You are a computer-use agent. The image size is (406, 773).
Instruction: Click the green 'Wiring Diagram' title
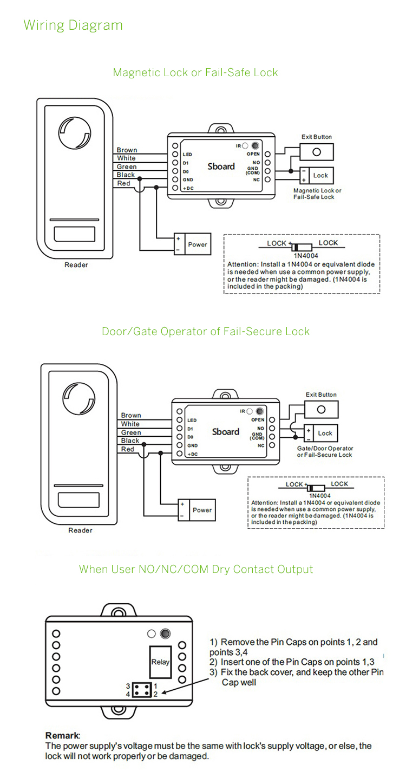[x=73, y=25]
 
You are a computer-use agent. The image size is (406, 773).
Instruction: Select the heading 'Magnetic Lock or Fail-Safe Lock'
[x=195, y=72]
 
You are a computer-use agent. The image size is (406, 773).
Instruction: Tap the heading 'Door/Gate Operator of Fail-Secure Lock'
[x=206, y=331]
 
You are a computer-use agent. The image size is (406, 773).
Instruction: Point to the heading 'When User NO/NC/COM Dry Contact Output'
[x=196, y=569]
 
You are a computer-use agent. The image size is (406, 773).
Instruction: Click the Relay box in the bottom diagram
[x=160, y=662]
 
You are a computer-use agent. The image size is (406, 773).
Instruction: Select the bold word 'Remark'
[x=62, y=735]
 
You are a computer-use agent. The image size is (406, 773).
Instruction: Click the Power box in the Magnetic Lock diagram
[x=197, y=244]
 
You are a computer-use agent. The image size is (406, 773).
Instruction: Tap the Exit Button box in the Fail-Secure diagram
[x=321, y=409]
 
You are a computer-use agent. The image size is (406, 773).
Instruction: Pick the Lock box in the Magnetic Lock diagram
[x=320, y=175]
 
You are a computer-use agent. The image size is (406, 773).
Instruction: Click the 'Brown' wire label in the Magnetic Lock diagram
[x=127, y=150]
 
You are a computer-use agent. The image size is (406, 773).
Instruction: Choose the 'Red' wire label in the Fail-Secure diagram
[x=128, y=449]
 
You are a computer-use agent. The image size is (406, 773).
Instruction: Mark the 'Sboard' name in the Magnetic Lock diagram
[x=221, y=166]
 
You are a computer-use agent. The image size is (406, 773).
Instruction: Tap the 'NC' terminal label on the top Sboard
[x=257, y=179]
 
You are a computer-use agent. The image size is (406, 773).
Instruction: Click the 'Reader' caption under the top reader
[x=76, y=265]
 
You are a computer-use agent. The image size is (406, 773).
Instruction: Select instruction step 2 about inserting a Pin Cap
[x=292, y=662]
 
